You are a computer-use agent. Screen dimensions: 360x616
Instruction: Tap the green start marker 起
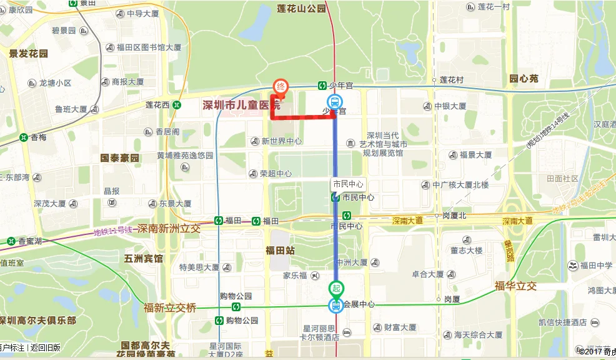[336, 288]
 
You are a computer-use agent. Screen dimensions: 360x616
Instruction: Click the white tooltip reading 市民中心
[348, 184]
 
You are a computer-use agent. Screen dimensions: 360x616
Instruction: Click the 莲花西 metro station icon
[177, 105]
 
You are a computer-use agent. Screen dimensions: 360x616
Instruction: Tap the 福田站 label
[280, 251]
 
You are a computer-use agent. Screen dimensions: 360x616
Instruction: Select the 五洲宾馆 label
[144, 258]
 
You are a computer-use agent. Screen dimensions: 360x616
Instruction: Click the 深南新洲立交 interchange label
[169, 229]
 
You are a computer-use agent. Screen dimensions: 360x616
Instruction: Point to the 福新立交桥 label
[170, 307]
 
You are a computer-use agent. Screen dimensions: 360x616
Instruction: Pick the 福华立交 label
[515, 286]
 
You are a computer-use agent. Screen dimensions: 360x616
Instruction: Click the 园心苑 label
[524, 79]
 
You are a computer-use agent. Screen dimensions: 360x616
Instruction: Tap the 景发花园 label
[29, 54]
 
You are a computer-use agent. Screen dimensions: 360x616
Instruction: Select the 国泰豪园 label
[120, 157]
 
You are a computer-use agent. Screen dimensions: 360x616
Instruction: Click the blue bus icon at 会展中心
[336, 305]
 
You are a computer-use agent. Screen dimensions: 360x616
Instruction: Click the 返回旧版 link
[46, 347]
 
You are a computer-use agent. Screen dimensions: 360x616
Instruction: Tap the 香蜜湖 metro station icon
[11, 241]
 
